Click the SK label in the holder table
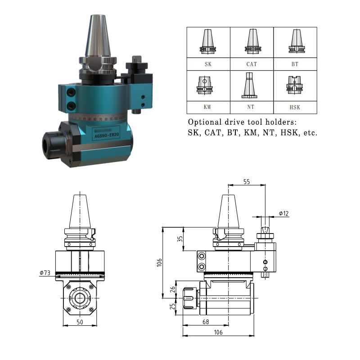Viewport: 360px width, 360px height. [x=208, y=64]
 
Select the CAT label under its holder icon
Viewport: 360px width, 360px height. [x=252, y=64]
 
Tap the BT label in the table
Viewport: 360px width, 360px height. [x=295, y=64]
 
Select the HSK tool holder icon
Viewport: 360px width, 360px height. [x=295, y=85]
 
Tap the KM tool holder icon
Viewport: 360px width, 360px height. [x=208, y=85]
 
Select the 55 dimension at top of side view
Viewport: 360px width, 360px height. [x=246, y=182]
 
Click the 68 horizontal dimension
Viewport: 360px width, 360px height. [x=205, y=322]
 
